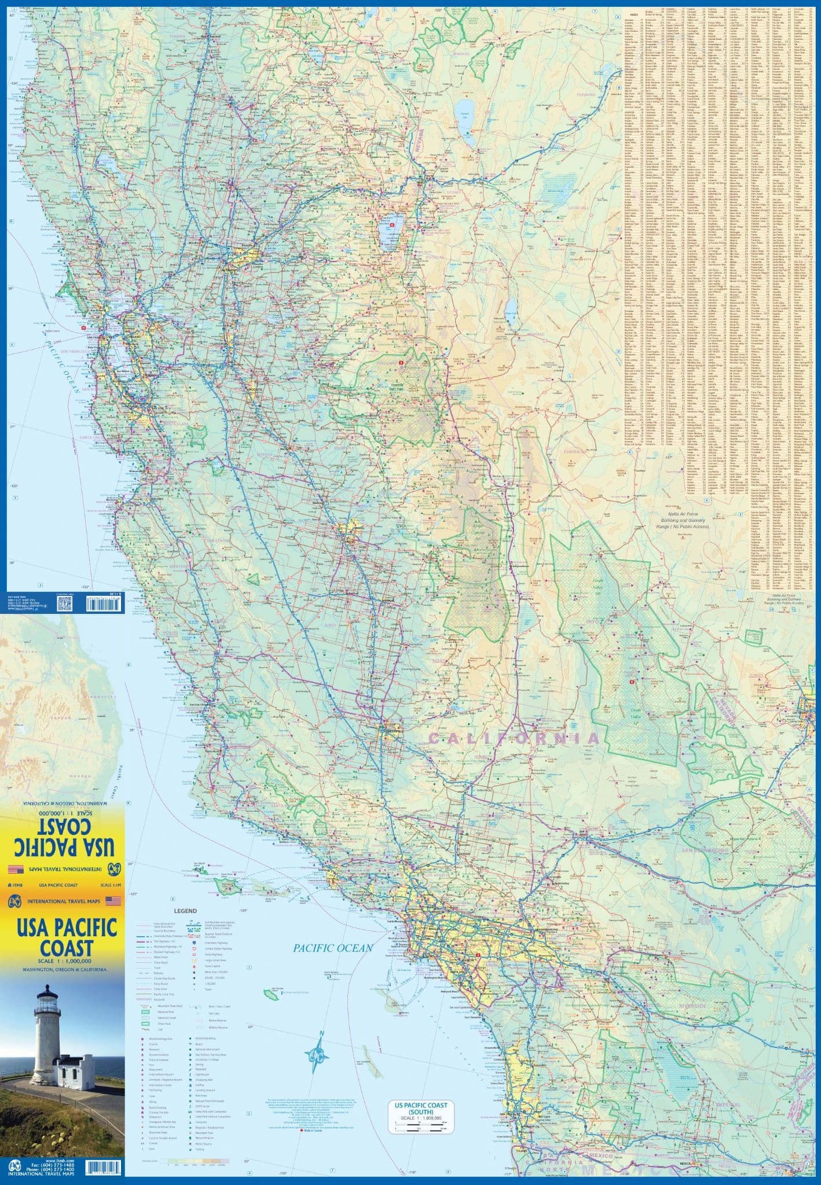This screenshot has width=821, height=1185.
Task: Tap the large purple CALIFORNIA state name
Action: (x=513, y=738)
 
